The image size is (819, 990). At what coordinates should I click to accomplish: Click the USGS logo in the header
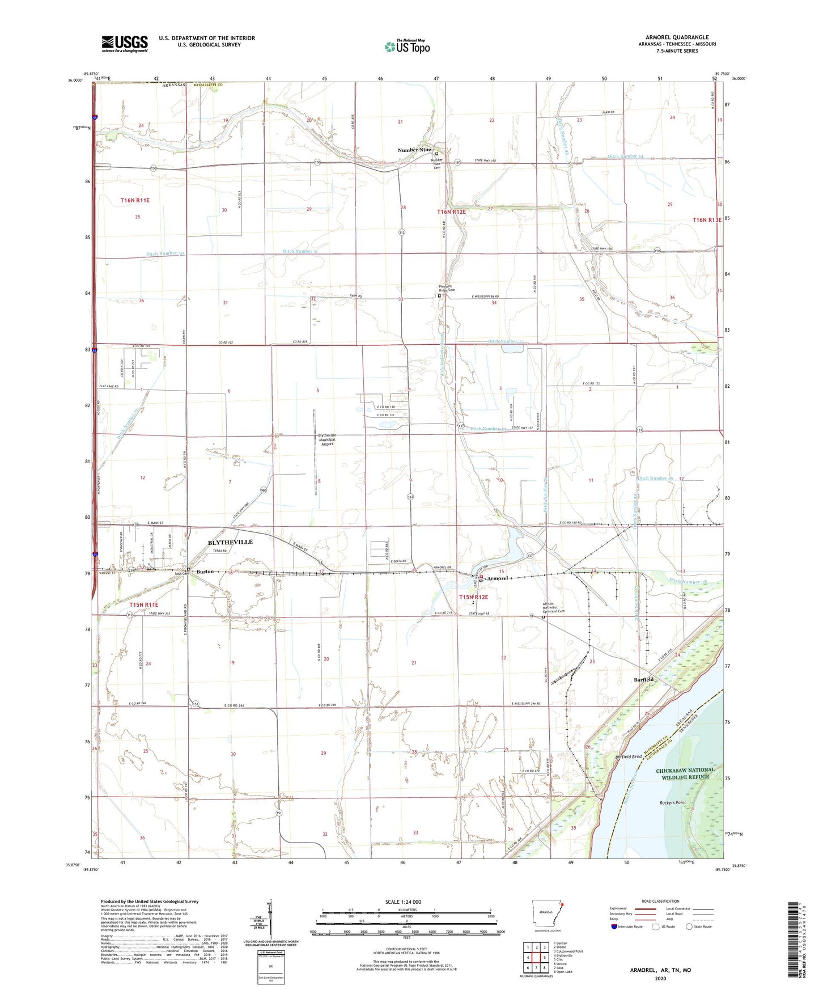(125, 44)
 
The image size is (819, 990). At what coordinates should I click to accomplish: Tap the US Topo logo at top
(407, 46)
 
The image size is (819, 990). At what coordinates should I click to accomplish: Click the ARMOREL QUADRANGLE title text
(677, 37)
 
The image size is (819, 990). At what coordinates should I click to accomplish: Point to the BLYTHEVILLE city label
(230, 542)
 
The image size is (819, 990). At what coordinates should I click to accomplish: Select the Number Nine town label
(414, 150)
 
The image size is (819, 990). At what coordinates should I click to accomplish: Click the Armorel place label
(495, 578)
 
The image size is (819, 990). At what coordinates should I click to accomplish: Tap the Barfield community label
(643, 679)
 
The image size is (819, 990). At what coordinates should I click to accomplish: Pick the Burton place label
(205, 572)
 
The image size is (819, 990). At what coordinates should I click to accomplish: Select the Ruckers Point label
(673, 803)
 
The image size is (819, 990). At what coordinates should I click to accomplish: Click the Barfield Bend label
(629, 757)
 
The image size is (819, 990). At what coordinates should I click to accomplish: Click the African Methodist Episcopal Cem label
(554, 607)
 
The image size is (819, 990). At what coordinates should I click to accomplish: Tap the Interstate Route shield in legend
(614, 926)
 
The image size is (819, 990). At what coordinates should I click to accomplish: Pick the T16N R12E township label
(451, 211)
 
